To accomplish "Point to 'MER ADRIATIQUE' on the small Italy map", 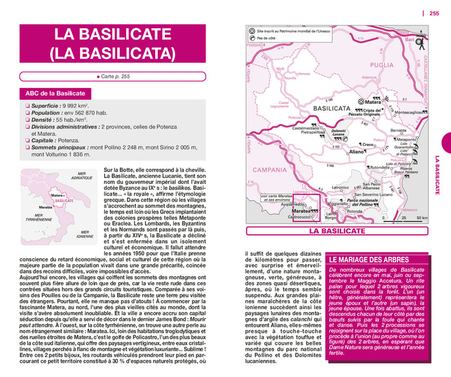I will coord(81,176).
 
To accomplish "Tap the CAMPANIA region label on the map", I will coord(269,170).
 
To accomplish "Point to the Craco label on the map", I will coord(368,143).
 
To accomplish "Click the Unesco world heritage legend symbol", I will coord(251,30).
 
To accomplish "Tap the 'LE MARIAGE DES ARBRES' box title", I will coord(369,260).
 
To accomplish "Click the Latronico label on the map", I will coord(340,188).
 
